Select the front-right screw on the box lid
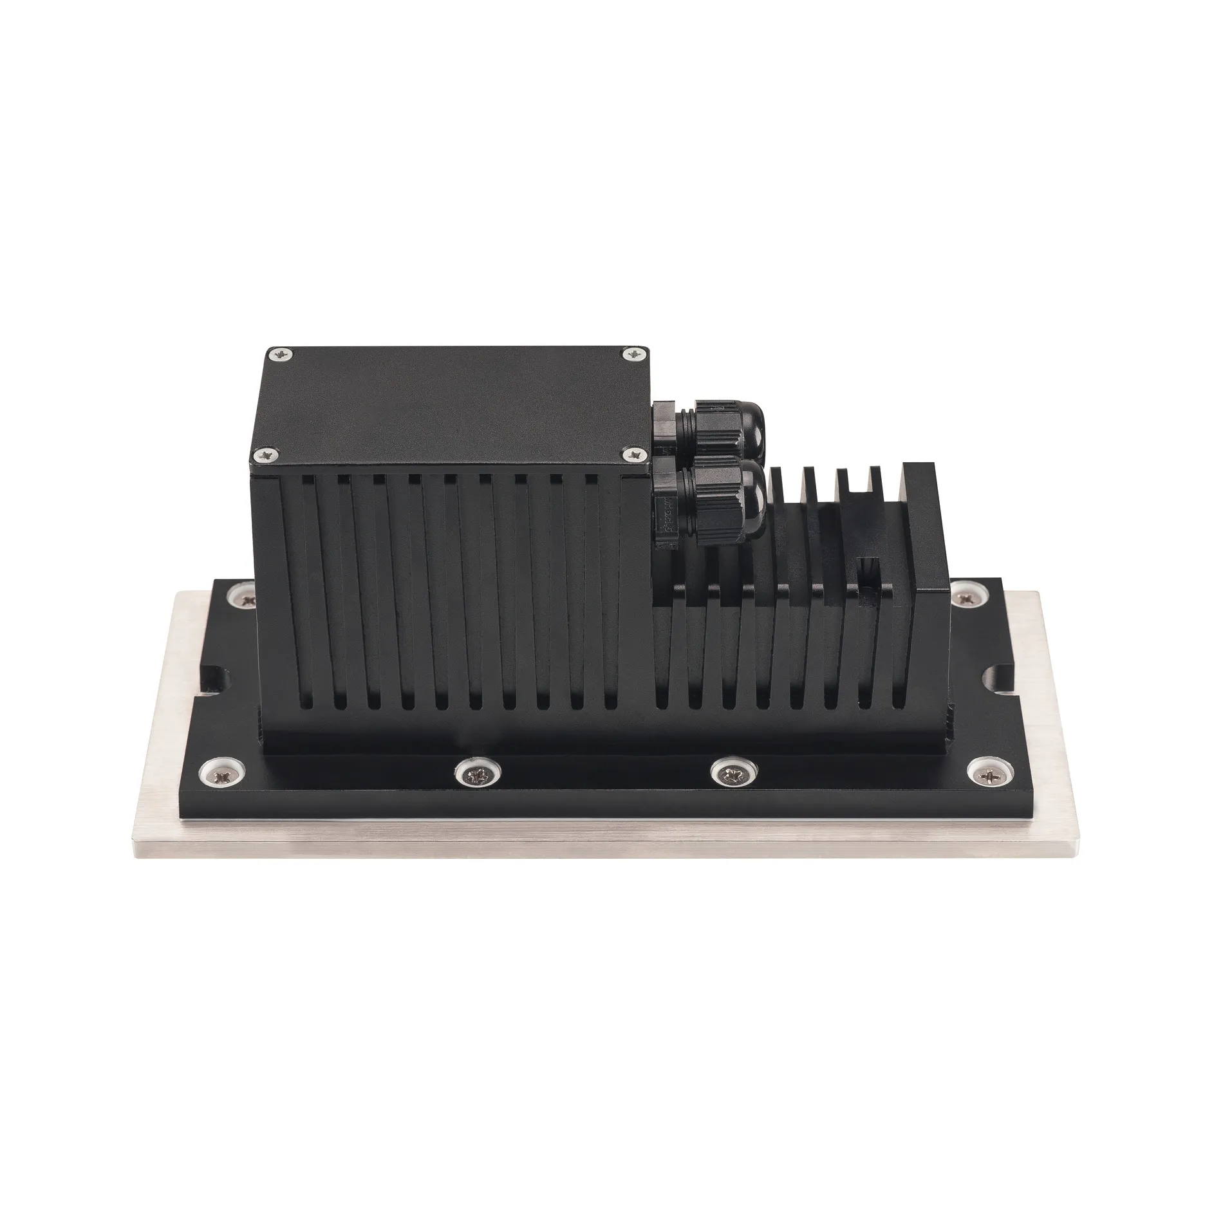coord(636,455)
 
